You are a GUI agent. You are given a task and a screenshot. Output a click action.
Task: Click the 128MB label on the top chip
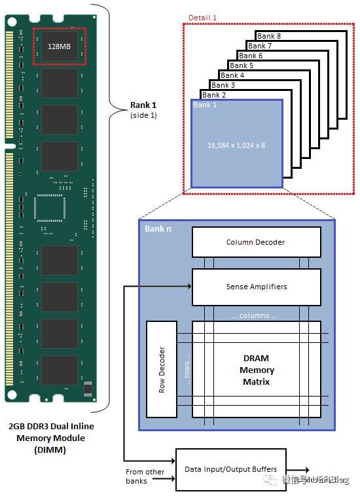(x=59, y=46)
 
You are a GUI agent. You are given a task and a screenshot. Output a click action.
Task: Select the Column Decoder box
(x=256, y=242)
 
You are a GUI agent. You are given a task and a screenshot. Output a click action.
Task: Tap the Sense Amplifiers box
(x=256, y=287)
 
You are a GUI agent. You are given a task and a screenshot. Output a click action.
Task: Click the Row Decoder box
(x=162, y=369)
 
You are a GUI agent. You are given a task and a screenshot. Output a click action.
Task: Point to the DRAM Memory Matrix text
(x=256, y=369)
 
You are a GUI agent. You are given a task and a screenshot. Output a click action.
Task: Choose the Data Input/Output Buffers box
(x=231, y=469)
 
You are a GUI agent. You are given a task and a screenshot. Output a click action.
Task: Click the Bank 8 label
(x=269, y=36)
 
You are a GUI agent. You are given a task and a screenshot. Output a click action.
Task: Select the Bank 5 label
(x=242, y=65)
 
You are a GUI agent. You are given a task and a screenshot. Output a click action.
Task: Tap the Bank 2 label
(x=214, y=95)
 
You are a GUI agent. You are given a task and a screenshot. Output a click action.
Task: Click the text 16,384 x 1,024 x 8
(x=236, y=145)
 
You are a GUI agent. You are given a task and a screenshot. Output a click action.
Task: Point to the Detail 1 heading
(x=203, y=17)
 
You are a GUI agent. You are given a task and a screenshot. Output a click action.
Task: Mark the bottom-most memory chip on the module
(x=59, y=370)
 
